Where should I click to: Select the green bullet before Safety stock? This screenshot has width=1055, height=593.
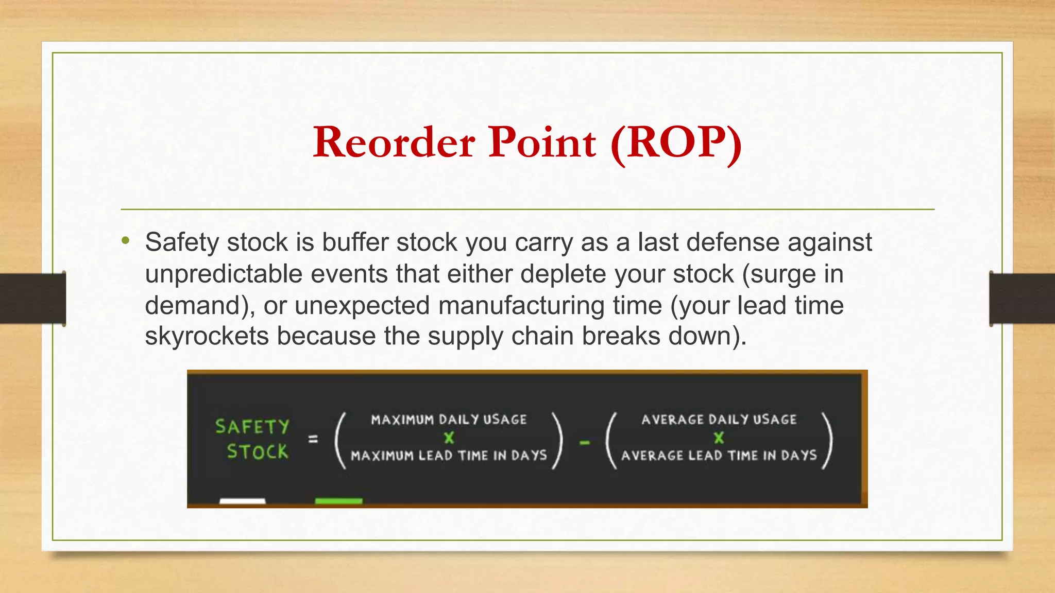coord(126,240)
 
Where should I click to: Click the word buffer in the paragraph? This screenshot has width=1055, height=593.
coord(355,242)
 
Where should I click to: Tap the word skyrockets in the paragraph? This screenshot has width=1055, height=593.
coord(207,336)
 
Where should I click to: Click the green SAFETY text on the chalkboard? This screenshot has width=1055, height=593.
coord(252,427)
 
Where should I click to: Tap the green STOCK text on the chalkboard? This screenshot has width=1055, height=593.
coord(257,452)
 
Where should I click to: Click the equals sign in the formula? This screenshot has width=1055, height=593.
coord(313,439)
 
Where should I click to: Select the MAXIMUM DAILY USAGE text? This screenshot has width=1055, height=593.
coord(449,420)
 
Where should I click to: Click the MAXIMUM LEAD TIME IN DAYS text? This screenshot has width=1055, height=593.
coord(449,456)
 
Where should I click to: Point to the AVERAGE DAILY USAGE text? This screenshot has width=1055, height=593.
coord(719,420)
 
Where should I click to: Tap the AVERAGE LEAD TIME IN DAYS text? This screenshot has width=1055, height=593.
coord(719,456)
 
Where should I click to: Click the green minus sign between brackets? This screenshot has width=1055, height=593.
coord(585,442)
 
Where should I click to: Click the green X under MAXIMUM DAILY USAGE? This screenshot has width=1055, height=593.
coord(449,438)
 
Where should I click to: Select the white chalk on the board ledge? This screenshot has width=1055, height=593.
coord(242,501)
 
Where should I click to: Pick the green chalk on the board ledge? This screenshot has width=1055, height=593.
coord(338,501)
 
